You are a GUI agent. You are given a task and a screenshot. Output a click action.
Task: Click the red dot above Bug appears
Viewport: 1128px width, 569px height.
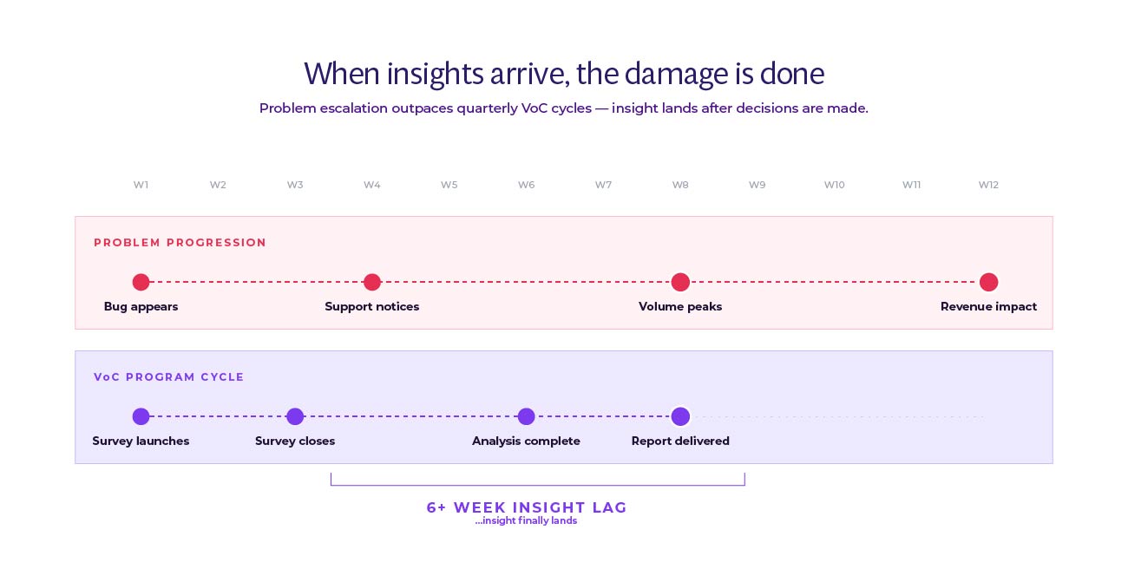pos(141,282)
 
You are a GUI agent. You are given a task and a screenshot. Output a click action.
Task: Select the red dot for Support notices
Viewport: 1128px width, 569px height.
pos(372,282)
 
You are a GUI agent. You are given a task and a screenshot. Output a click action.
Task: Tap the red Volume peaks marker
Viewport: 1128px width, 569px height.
pos(680,282)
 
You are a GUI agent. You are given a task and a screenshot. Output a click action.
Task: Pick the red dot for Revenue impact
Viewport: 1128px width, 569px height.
pos(988,282)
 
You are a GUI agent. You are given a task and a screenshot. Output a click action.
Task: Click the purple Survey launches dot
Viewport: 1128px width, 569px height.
pos(141,416)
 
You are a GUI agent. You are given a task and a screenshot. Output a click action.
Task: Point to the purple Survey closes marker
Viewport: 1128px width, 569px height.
pos(295,416)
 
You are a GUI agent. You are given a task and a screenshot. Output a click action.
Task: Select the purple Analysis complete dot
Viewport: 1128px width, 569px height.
pos(526,416)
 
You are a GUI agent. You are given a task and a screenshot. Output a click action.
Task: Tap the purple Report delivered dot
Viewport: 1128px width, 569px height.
pos(680,416)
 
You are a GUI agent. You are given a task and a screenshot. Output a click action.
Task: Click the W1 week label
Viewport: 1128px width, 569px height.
pos(141,185)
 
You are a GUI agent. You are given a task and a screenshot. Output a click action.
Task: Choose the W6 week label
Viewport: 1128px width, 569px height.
pos(526,185)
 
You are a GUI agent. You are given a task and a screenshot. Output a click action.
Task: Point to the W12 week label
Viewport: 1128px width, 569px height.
pos(988,185)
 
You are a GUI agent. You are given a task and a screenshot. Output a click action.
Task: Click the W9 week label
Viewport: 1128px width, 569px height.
pos(757,185)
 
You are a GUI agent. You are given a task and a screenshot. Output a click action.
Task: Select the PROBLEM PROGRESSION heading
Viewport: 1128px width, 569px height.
pos(180,243)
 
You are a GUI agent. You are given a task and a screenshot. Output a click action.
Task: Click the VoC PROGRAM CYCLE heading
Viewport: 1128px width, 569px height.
pos(169,377)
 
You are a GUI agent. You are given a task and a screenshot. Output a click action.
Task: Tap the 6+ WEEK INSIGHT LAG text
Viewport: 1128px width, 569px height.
pos(526,507)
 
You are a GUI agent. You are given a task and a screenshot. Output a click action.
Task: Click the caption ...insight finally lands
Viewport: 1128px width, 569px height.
pos(526,521)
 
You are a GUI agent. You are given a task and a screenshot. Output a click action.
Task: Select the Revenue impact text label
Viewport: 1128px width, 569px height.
pos(988,306)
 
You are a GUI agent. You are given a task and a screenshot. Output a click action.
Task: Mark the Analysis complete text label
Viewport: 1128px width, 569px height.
pos(526,441)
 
